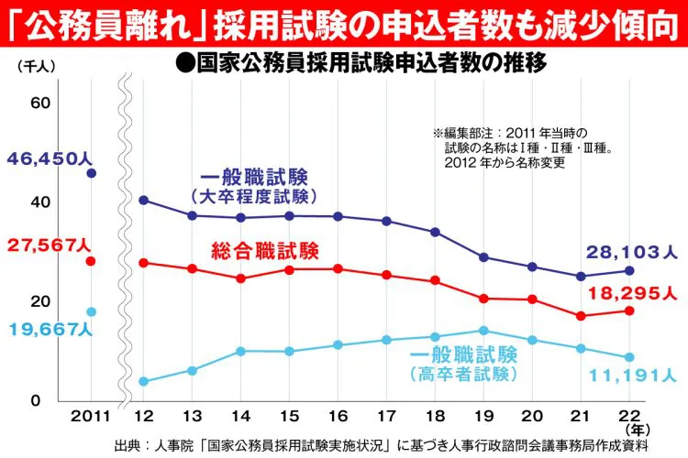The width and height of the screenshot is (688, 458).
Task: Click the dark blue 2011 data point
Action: [91, 173]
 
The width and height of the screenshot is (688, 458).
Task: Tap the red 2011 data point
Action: [91, 261]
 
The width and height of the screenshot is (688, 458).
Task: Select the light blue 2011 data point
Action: [91, 311]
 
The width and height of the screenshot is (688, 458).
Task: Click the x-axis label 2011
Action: [89, 417]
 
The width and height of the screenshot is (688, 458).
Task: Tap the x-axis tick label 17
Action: [386, 417]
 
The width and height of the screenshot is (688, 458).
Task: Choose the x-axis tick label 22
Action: [628, 417]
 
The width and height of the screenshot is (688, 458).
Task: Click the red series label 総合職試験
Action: [264, 249]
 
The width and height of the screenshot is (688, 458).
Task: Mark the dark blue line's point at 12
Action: [143, 200]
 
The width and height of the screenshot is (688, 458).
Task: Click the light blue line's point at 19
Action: [483, 331]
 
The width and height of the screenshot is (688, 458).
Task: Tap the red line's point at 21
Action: [581, 316]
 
